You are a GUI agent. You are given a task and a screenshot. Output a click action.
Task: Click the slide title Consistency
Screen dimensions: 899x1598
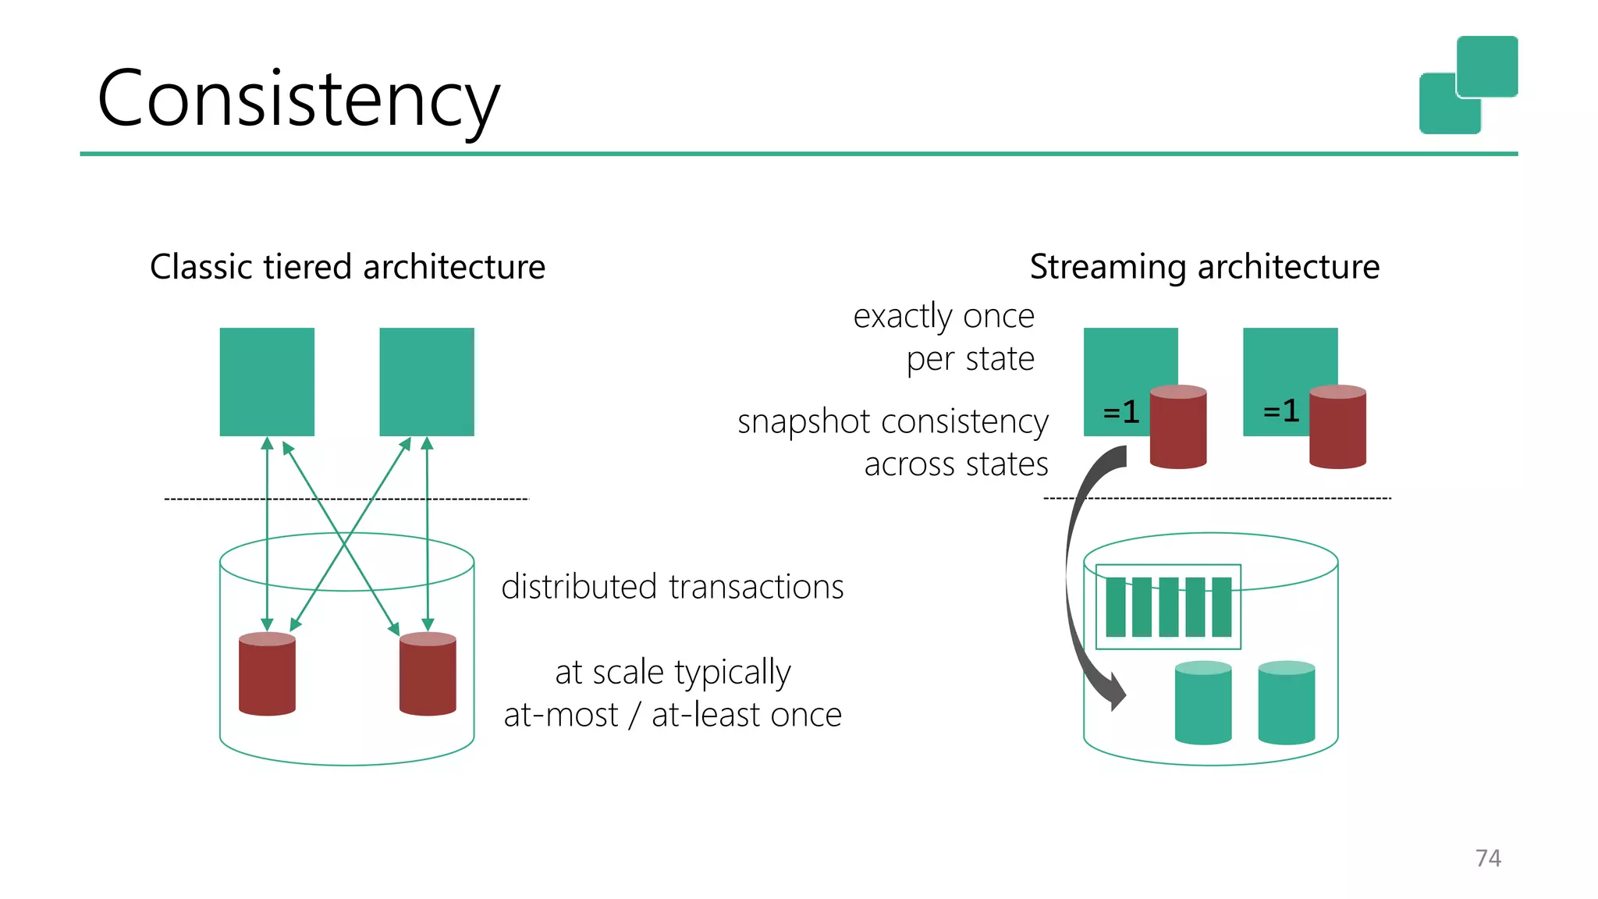coord(298,99)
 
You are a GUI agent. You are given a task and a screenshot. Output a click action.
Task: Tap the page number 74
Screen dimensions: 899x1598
coord(1488,858)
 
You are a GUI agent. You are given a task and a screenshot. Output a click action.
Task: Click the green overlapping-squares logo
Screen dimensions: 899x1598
coord(1468,84)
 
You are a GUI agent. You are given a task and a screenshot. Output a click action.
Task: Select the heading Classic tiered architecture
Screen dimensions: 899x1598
coord(347,267)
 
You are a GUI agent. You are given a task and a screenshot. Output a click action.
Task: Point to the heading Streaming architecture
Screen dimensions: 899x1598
coord(1204,267)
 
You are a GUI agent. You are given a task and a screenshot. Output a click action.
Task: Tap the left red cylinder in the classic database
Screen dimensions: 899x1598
coord(267,674)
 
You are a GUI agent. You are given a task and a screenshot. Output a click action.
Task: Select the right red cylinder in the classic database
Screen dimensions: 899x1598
coord(428,674)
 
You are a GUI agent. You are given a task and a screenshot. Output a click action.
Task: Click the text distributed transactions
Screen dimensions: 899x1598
coord(672,587)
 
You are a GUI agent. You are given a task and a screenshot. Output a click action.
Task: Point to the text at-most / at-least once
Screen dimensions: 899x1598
coord(672,715)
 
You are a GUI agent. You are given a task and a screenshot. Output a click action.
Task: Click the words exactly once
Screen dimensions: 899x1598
coord(943,316)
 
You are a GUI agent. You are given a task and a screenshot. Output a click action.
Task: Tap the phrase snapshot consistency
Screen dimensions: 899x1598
coord(893,421)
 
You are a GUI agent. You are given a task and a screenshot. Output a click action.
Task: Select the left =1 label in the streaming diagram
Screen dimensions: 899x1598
coord(1121,411)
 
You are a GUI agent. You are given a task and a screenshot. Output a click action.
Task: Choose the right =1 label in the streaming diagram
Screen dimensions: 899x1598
coord(1281,410)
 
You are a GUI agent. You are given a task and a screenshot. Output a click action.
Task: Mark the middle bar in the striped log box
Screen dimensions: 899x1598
coord(1168,607)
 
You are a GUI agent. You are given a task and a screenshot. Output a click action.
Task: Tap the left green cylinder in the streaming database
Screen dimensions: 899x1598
coord(1203,703)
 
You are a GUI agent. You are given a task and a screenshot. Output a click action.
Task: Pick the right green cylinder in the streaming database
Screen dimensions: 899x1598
coord(1287,703)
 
